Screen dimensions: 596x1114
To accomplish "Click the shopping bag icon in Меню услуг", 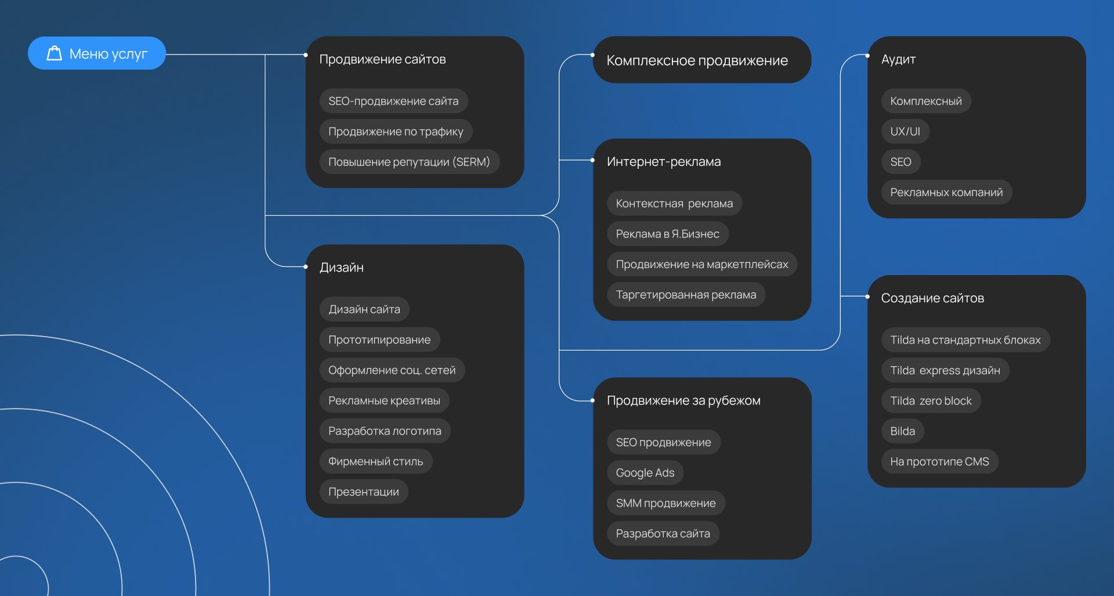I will pos(54,53).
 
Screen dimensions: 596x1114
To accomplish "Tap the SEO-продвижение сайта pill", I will pos(393,101).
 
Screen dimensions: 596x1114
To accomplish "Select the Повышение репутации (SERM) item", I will pos(409,162).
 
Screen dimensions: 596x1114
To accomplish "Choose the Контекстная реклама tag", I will pos(674,204).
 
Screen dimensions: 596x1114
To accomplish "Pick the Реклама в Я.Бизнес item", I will pos(667,234).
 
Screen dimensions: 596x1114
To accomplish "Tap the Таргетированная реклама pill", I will pos(686,295).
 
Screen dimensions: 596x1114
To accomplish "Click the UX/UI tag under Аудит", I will pos(905,132).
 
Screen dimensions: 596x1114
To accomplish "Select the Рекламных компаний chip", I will pos(946,193).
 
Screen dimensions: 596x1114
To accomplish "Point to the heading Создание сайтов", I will pos(932,298).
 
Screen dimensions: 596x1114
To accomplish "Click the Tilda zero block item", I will pos(931,401).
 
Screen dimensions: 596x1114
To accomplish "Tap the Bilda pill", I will pos(902,431).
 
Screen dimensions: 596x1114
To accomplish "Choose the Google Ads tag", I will pos(645,473).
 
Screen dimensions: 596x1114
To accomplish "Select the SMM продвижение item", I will pos(665,503).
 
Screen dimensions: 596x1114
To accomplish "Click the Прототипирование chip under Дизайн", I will pos(379,340).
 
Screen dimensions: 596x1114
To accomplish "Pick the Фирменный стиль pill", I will pos(375,461).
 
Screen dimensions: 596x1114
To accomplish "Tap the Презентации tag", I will pos(364,492).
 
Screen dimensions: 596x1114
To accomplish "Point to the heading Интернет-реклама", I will pos(664,162).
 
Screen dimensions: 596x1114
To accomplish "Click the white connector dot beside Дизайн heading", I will pos(306,267).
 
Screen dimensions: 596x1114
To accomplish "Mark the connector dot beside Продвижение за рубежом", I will pos(592,400).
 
